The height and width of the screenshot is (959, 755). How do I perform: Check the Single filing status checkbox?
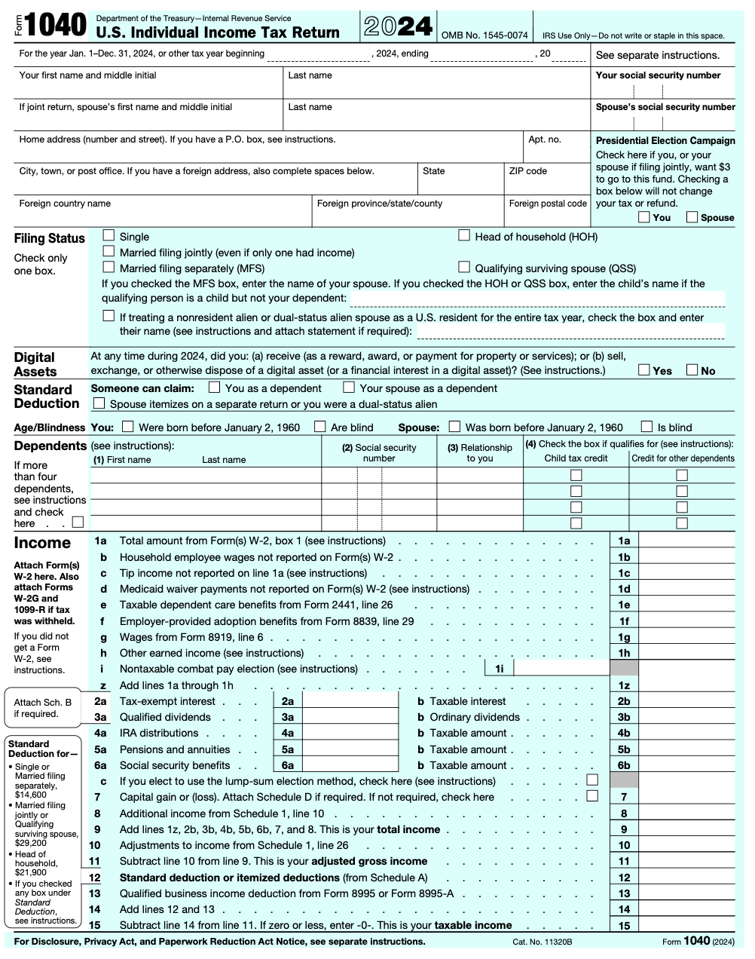point(109,236)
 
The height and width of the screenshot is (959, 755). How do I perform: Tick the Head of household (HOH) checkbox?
point(464,236)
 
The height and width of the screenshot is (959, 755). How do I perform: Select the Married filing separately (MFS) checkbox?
point(109,268)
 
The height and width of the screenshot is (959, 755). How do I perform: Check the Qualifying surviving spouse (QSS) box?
point(464,268)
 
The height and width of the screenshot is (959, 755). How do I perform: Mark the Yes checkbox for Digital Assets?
point(644,370)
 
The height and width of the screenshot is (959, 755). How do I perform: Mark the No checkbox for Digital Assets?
point(692,370)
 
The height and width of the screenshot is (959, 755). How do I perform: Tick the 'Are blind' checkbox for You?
point(320,427)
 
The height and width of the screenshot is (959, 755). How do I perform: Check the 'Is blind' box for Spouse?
point(646,427)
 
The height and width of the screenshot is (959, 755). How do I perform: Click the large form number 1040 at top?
point(55,26)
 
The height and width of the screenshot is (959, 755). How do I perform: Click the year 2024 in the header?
point(399,27)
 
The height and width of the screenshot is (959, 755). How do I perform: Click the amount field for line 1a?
point(686,541)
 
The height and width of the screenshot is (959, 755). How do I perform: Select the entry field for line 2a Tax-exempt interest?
point(350,701)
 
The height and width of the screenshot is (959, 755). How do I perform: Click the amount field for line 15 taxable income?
point(686,925)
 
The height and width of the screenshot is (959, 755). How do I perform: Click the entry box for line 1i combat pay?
point(561,669)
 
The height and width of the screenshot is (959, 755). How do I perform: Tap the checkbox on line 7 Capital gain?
point(592,796)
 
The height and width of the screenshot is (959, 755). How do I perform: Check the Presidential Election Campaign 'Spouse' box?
point(692,217)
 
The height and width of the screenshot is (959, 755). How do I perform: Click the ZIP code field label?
point(527,171)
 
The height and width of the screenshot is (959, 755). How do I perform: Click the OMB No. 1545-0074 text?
point(484,35)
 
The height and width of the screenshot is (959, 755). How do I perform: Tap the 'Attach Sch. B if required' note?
point(43,708)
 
